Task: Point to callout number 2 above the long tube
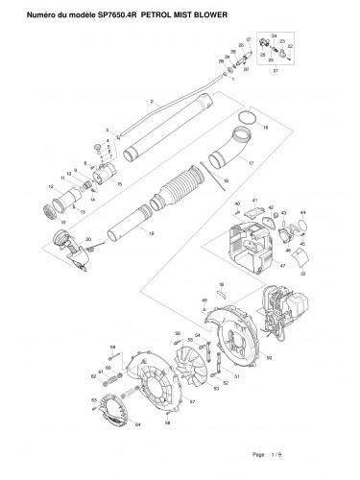151,101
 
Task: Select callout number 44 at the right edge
303,211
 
